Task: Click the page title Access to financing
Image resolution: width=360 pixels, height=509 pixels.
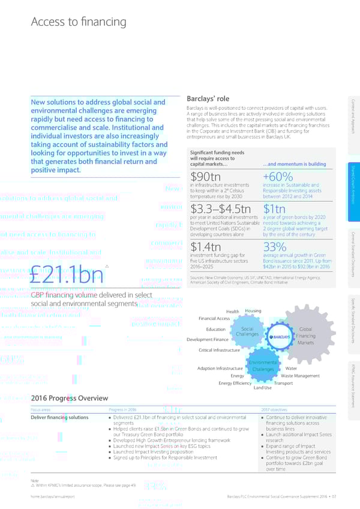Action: tap(79, 22)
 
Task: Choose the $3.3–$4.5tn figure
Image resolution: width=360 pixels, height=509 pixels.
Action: tap(220, 208)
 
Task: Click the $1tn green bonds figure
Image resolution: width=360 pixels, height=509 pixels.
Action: tap(275, 208)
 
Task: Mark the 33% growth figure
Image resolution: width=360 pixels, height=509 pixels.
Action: tap(275, 247)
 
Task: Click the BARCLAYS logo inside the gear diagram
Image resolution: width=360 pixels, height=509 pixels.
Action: tap(280, 337)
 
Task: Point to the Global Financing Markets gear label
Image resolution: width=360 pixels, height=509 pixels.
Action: tap(305, 336)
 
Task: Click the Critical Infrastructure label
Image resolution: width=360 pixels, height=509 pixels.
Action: tap(218, 350)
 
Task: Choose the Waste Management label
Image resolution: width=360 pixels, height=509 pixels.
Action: tap(300, 376)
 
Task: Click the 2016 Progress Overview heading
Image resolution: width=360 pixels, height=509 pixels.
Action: tap(70, 398)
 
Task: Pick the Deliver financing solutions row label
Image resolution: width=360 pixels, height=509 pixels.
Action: tap(59, 417)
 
